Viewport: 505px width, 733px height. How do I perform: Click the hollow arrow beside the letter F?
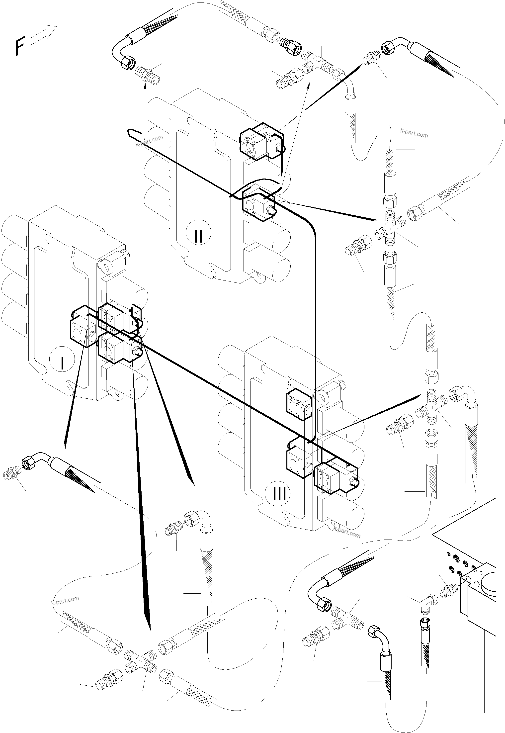click(x=43, y=35)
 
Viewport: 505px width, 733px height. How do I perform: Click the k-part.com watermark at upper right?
click(x=414, y=133)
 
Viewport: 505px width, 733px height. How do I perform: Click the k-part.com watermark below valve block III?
click(x=346, y=533)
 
